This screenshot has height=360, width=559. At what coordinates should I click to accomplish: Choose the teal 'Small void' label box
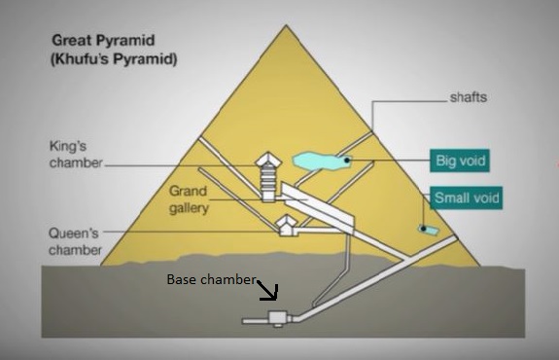467,198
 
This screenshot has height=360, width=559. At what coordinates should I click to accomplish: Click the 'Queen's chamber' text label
75,242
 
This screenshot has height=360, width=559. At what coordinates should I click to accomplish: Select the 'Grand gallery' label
190,199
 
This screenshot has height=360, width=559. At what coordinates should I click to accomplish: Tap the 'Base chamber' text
211,280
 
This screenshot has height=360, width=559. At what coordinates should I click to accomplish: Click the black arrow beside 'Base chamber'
267,289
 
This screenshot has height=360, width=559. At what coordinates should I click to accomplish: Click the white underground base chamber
276,317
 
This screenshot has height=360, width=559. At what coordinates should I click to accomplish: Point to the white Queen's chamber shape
286,226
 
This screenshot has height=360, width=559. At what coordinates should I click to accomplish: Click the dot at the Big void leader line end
347,159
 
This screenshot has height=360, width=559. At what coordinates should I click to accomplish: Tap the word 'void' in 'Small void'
483,198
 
